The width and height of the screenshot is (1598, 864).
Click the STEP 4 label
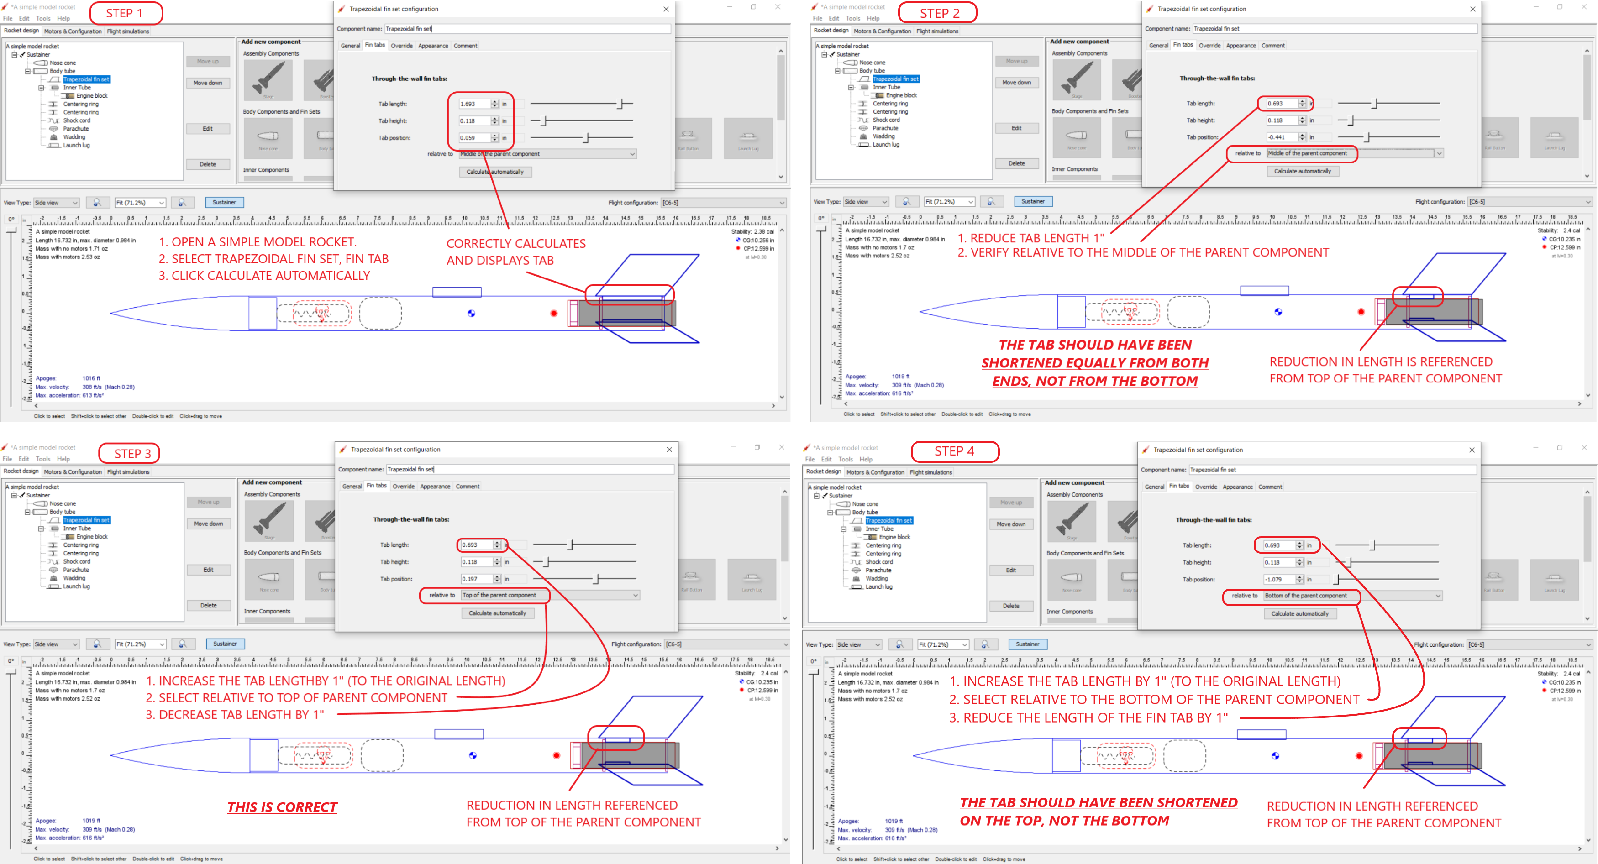[x=954, y=451]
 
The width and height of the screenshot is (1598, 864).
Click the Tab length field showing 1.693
[x=474, y=104]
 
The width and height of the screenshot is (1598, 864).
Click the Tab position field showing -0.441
[x=1282, y=137]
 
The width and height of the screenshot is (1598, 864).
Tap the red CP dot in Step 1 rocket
[x=554, y=313]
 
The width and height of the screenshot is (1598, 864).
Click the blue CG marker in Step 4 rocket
[x=1275, y=755]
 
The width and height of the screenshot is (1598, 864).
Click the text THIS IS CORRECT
[x=282, y=807]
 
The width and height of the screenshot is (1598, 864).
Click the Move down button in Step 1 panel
[x=208, y=83]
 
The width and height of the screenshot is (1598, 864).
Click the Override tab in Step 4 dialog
[x=1205, y=487]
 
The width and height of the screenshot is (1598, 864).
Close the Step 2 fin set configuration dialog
[x=1473, y=9]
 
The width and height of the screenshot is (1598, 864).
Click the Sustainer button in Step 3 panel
[x=225, y=644]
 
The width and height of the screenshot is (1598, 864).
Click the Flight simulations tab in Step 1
[x=128, y=31]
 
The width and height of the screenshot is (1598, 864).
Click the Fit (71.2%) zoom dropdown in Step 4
[x=941, y=644]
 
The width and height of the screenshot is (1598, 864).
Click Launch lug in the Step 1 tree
[x=76, y=145]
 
